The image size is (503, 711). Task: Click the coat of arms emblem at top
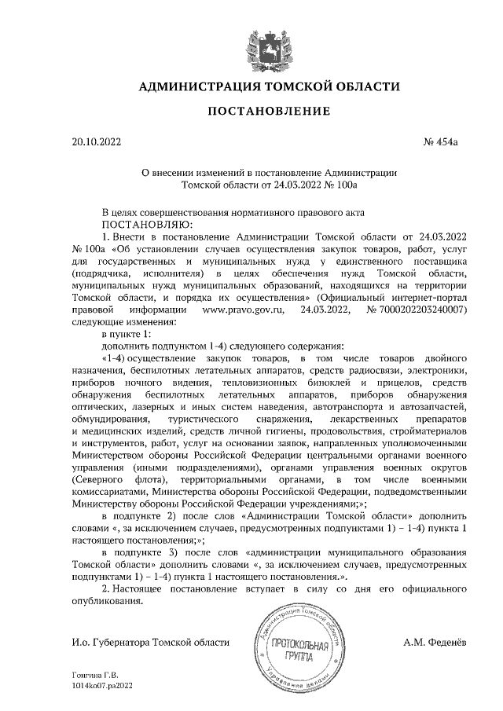tap(251, 43)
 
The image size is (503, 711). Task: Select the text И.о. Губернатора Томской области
tap(149, 642)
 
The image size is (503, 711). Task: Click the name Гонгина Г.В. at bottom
tap(94, 676)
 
